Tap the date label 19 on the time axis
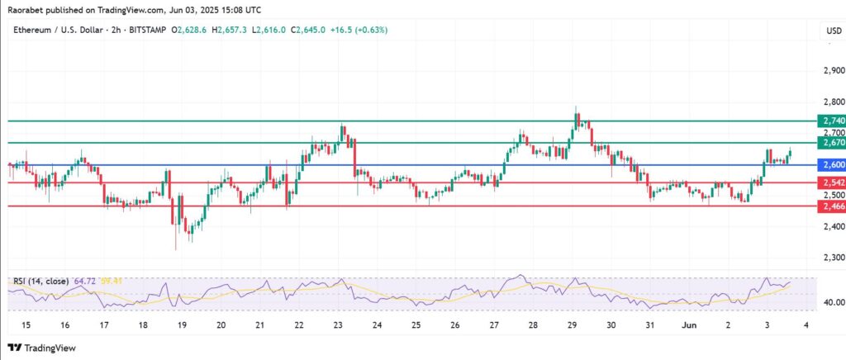click(x=181, y=325)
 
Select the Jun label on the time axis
click(x=688, y=325)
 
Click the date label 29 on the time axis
click(x=572, y=325)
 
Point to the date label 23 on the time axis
click(x=338, y=325)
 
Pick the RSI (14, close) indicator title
click(x=40, y=282)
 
